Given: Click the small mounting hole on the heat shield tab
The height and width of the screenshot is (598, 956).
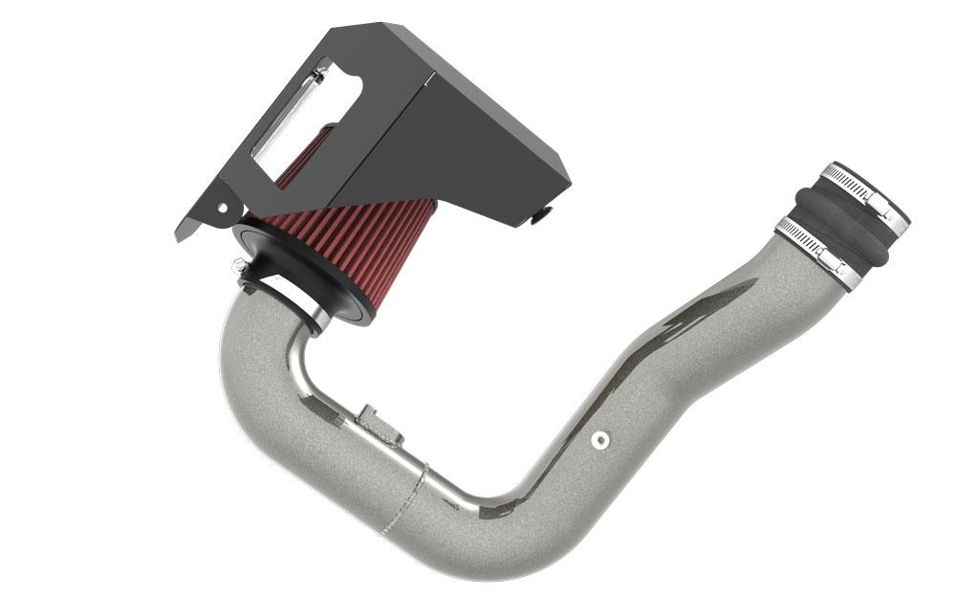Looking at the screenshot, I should (x=222, y=206).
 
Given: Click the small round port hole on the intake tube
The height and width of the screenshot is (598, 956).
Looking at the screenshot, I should (x=599, y=439).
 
